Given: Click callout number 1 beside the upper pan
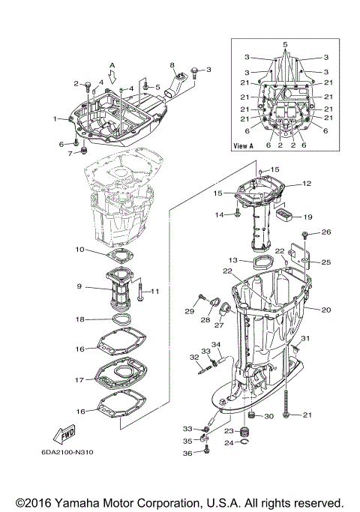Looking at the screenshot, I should click(55, 119).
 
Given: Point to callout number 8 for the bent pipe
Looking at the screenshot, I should click(172, 66).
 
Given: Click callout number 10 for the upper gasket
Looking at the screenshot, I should click(79, 249).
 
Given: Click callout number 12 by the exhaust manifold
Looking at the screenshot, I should click(306, 184).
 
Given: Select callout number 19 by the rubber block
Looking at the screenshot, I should click(307, 217).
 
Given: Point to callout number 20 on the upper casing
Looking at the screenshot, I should click(325, 310).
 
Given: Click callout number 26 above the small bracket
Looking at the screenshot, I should click(325, 232).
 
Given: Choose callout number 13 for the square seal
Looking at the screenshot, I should click(233, 259).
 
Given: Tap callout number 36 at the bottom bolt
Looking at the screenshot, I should click(187, 454).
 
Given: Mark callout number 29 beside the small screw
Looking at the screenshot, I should click(190, 310).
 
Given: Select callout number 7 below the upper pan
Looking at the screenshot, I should click(70, 154).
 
